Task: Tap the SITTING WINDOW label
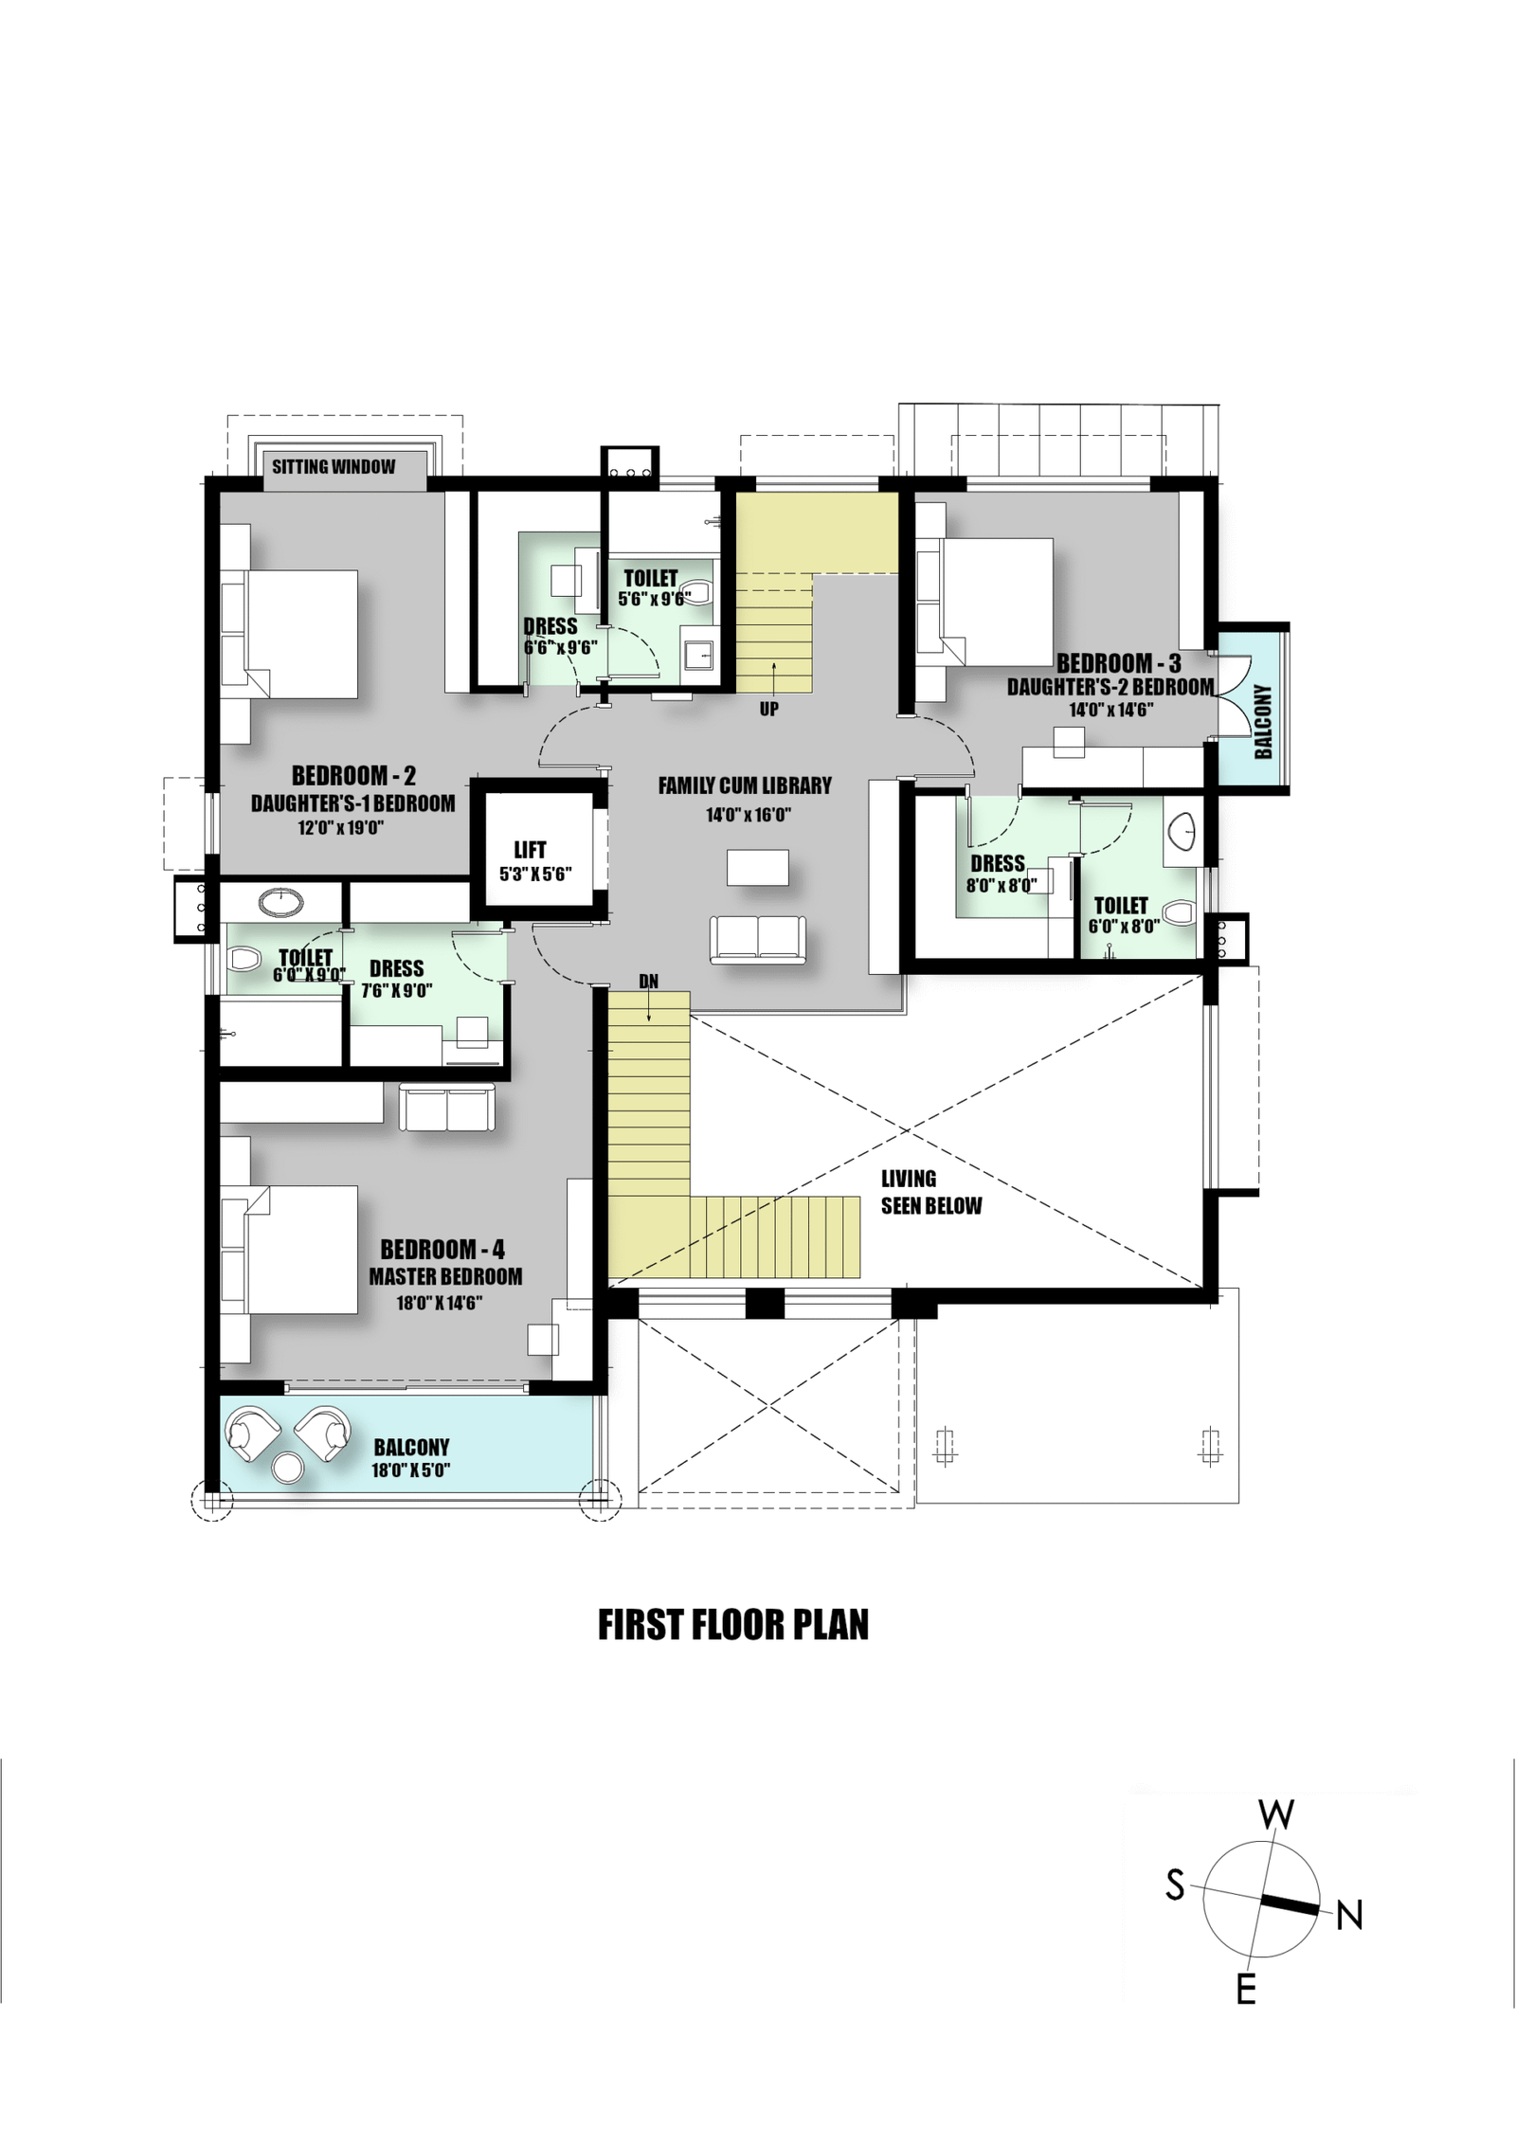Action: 334,466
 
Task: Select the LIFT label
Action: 530,850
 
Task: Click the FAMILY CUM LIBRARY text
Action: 745,785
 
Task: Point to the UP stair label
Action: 769,709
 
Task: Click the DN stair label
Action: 648,982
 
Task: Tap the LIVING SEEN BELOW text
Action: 931,1192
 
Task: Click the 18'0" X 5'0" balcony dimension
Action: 410,1470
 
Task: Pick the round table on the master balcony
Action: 288,1468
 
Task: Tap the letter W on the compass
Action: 1276,1815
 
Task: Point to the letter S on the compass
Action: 1175,1885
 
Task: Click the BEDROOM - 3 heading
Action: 1119,663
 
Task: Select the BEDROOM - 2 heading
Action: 353,775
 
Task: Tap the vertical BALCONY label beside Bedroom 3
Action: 1263,722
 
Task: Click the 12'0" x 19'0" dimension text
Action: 340,827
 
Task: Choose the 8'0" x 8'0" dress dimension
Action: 1002,885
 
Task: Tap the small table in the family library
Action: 758,867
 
